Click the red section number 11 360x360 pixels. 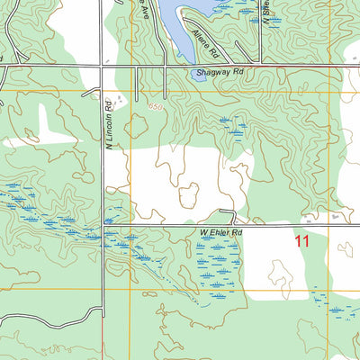click(x=301, y=240)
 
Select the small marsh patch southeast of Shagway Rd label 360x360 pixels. click(x=237, y=126)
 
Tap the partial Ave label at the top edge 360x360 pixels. click(x=142, y=9)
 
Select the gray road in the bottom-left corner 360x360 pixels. click(x=36, y=317)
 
